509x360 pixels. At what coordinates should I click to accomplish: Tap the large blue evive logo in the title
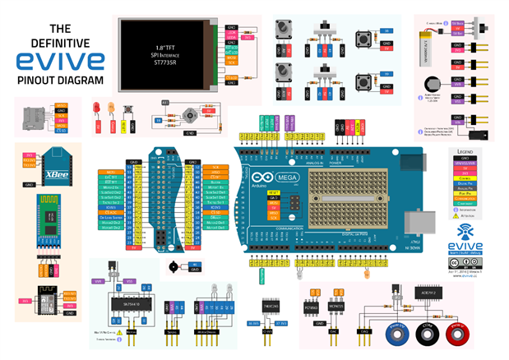55,60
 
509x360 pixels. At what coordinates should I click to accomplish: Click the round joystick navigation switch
191,114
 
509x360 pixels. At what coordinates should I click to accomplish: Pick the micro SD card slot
35,117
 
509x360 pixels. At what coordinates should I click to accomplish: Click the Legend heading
466,152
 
